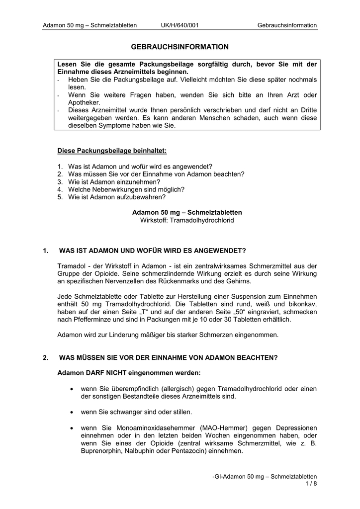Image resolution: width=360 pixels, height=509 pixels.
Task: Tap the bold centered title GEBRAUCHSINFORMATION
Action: click(180, 47)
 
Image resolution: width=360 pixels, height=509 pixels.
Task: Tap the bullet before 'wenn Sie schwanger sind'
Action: click(73, 412)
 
